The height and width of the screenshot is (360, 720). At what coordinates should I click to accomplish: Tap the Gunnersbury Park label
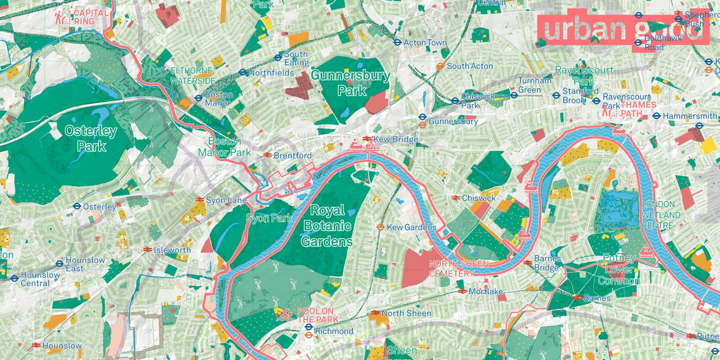(351, 83)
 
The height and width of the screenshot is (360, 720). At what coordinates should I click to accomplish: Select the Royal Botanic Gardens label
(328, 226)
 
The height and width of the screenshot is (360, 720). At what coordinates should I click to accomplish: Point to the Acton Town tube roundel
(397, 43)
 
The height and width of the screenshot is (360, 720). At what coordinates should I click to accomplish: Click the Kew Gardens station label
(411, 227)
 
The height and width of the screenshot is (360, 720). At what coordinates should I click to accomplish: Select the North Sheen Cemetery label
(452, 268)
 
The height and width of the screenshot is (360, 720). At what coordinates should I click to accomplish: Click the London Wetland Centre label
(661, 215)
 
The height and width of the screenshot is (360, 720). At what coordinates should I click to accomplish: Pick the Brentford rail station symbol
(267, 155)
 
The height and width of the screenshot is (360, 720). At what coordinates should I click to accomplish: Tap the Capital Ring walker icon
(64, 17)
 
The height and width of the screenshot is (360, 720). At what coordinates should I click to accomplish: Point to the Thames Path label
(638, 109)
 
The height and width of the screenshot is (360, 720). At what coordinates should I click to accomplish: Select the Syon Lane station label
(226, 200)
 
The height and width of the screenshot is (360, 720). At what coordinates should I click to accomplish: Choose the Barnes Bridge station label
(547, 263)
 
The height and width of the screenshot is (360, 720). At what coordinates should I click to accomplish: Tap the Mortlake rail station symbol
(462, 291)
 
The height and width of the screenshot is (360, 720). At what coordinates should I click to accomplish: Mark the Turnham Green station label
(534, 85)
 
